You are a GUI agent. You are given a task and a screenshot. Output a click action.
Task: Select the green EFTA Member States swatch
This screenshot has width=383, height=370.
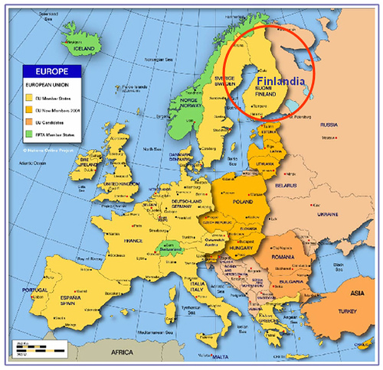click(x=28, y=135)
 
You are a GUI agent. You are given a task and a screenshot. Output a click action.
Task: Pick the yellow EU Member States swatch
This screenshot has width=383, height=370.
click(x=28, y=99)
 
